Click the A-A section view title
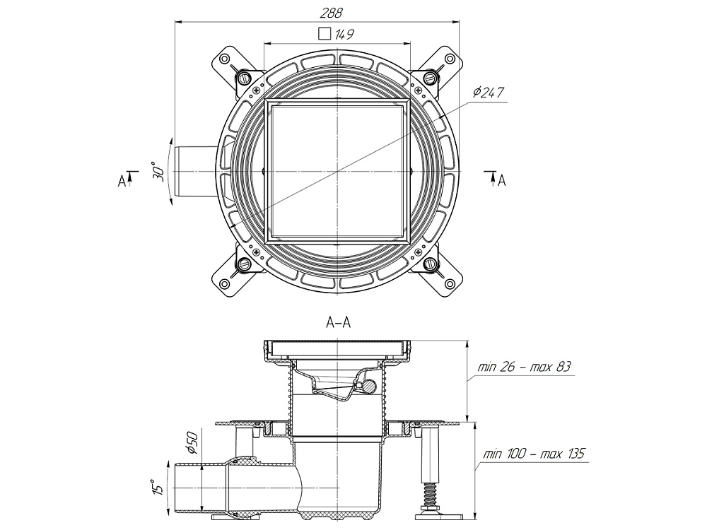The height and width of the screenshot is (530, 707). tap(339, 323)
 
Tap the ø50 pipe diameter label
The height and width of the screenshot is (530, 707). tap(191, 442)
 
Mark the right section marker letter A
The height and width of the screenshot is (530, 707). tap(501, 181)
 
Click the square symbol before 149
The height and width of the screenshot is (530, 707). tap(324, 33)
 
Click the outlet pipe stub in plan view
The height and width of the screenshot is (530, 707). tap(194, 172)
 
